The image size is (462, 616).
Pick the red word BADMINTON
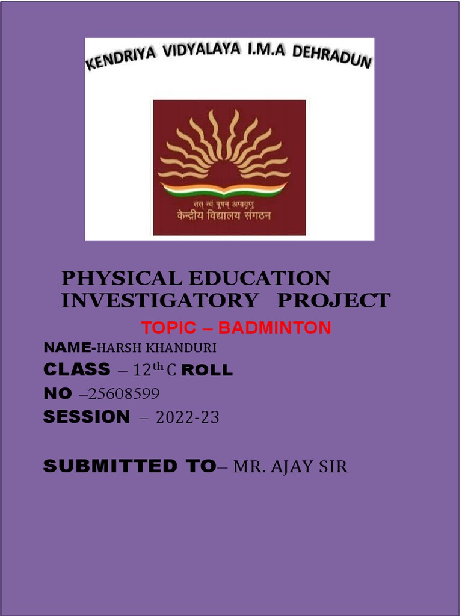tap(274, 328)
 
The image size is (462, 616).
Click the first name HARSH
tap(120, 348)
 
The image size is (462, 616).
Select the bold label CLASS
tap(77, 369)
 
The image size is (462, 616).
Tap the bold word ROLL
tap(207, 370)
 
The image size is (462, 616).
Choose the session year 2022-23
tap(187, 417)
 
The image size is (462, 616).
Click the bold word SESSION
tap(87, 416)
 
